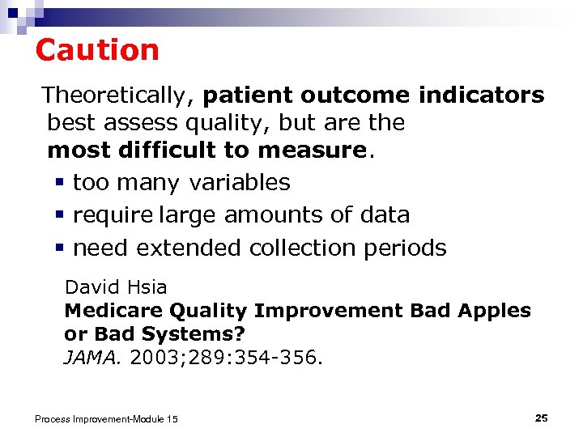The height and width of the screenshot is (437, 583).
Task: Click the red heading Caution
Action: click(97, 50)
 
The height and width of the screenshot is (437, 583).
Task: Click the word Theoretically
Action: click(114, 96)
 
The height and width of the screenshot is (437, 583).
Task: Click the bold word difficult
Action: click(182, 150)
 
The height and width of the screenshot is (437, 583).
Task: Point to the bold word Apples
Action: click(496, 311)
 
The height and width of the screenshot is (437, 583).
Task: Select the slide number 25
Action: click(542, 418)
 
